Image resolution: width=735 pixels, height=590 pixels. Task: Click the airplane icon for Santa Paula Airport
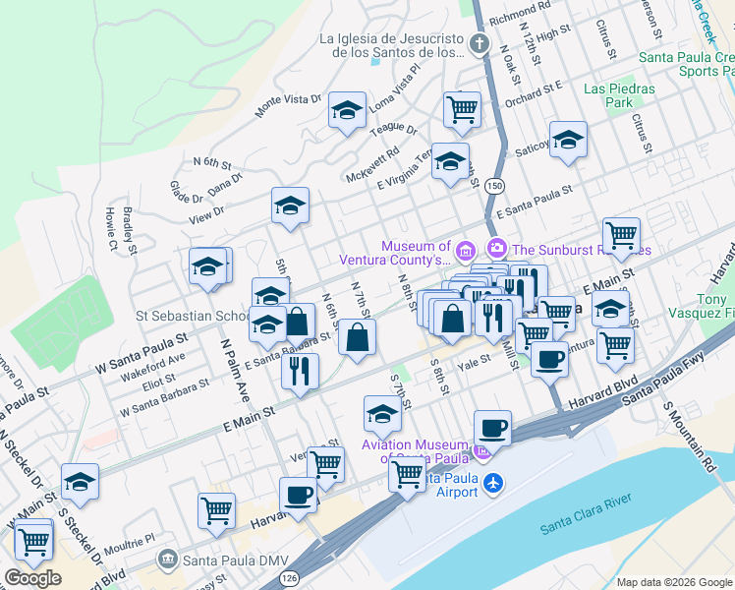(x=493, y=484)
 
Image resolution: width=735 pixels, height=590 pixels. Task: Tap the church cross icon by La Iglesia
(x=479, y=44)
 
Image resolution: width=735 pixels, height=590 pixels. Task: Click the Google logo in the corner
(x=32, y=577)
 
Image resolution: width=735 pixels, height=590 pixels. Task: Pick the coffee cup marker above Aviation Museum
(x=492, y=429)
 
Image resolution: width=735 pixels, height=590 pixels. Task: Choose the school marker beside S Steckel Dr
(x=80, y=482)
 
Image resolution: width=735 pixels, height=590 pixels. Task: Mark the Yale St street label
(x=479, y=361)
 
